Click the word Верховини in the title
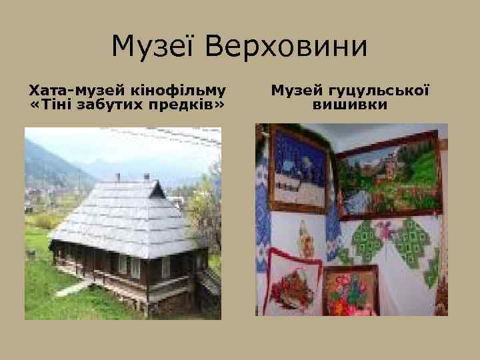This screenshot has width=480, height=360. [x=287, y=46]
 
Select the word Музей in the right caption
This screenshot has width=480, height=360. [x=298, y=89]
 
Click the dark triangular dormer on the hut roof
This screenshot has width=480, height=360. [x=157, y=191]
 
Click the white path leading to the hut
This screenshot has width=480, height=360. [x=73, y=288]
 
